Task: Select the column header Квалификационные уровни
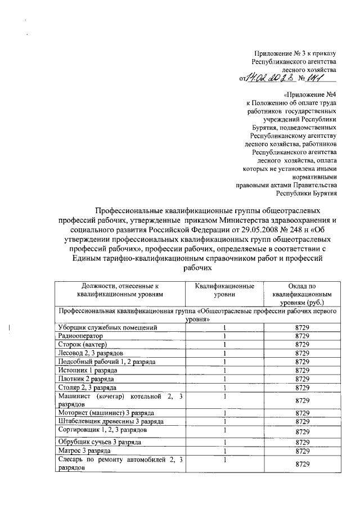click(224, 290)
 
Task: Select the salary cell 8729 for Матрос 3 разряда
click(303, 451)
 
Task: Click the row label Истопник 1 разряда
click(88, 371)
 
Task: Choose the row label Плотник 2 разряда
click(85, 379)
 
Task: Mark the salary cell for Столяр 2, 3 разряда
click(303, 388)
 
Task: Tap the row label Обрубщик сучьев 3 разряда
click(100, 443)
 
